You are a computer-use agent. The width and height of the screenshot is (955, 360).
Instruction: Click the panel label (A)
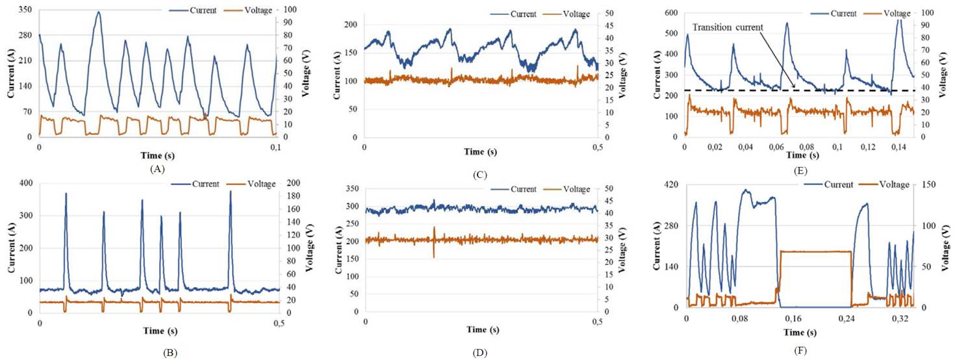(x=157, y=168)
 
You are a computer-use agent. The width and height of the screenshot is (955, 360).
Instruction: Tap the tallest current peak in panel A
(x=98, y=12)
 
